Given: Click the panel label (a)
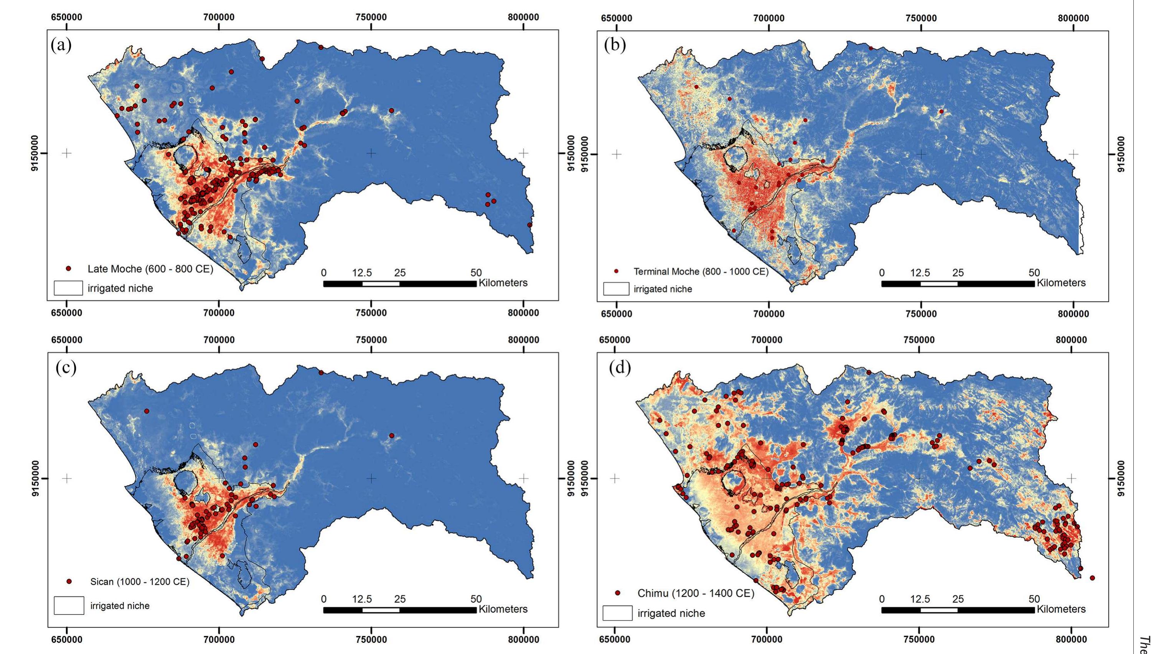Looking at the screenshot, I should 61,45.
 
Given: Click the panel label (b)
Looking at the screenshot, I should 615,45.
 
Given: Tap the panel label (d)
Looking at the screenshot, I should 620,368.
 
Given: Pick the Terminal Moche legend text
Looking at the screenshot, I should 701,271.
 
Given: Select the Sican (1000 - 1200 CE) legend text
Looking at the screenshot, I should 140,582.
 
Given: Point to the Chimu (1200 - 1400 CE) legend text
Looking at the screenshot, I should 696,593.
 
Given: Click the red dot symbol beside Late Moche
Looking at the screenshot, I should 68,268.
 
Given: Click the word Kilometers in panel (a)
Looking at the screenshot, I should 503,283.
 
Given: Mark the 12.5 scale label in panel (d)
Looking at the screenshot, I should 920,599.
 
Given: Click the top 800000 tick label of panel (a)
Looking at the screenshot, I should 523,18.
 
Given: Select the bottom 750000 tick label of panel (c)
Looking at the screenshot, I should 371,639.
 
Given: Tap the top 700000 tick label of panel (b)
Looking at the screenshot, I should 769,18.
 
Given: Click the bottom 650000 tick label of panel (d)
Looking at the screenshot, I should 615,639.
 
